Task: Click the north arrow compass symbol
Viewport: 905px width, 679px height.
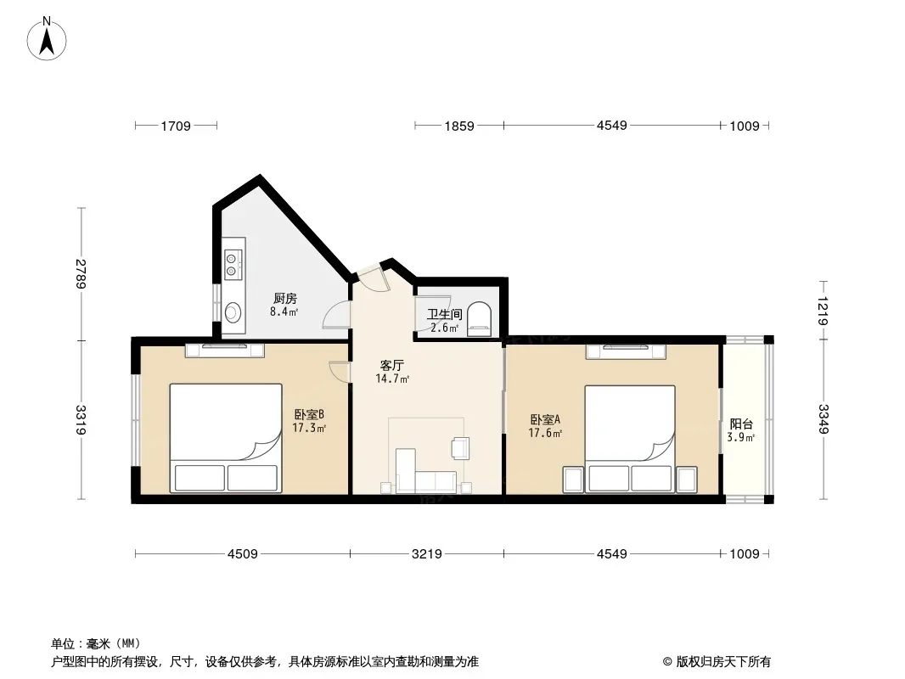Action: point(47,39)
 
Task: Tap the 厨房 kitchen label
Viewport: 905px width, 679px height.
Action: point(284,298)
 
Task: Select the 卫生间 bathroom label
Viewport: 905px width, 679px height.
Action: point(444,314)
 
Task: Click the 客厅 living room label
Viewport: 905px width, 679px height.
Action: point(392,365)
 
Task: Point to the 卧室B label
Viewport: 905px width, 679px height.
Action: point(309,414)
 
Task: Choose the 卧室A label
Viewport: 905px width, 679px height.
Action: point(545,419)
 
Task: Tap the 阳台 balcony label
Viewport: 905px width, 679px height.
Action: point(741,424)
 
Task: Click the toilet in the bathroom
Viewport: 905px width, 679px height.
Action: point(479,319)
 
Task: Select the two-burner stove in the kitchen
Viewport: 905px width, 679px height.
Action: point(233,264)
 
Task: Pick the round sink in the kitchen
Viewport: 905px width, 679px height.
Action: point(232,312)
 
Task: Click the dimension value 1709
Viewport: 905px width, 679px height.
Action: point(176,126)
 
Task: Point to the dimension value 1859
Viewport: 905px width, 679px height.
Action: point(458,126)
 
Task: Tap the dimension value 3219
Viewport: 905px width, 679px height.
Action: point(426,554)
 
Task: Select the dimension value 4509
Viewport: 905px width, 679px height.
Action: point(243,554)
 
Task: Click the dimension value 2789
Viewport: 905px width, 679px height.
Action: point(81,274)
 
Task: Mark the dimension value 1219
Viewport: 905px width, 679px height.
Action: point(823,311)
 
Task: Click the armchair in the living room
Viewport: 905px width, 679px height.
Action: point(461,447)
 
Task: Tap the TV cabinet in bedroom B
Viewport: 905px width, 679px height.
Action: point(224,350)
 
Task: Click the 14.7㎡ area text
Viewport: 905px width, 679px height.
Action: point(392,379)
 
